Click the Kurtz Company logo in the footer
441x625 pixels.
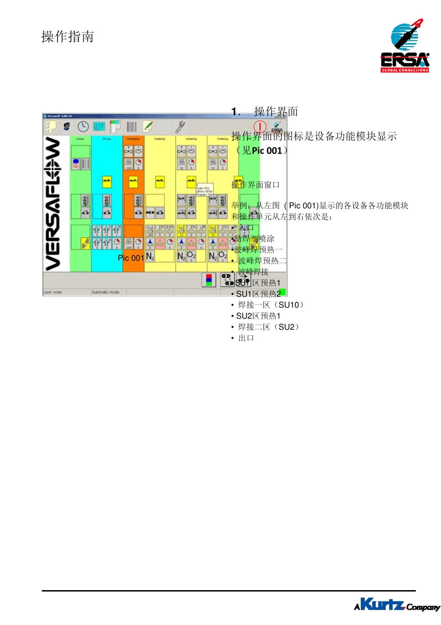point(396,605)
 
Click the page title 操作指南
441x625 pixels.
point(68,37)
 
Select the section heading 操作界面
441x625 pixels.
point(276,112)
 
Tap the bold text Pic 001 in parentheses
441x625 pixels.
point(267,151)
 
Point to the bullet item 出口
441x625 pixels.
point(246,338)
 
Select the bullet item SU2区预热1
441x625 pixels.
point(258,316)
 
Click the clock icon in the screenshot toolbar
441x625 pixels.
point(83,126)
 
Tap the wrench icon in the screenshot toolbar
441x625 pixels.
point(180,126)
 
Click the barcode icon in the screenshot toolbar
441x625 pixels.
point(131,126)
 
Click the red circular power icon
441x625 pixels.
point(259,126)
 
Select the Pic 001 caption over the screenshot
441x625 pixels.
point(130,258)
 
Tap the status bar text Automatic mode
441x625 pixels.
point(105,292)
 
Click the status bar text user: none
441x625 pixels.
point(53,292)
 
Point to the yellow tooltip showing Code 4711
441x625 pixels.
point(204,190)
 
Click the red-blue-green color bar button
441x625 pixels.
point(209,279)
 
